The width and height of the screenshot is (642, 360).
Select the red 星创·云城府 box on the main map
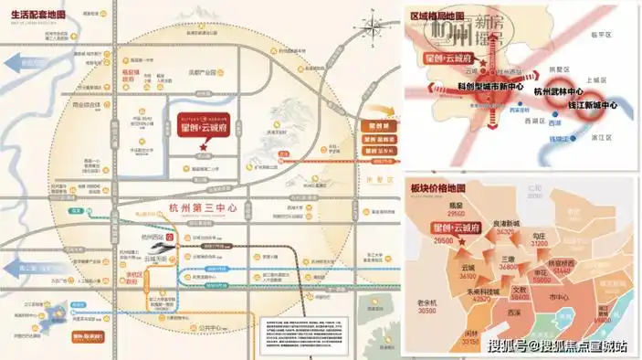[x=202, y=127]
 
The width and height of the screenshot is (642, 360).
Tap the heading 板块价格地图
[x=437, y=188]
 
